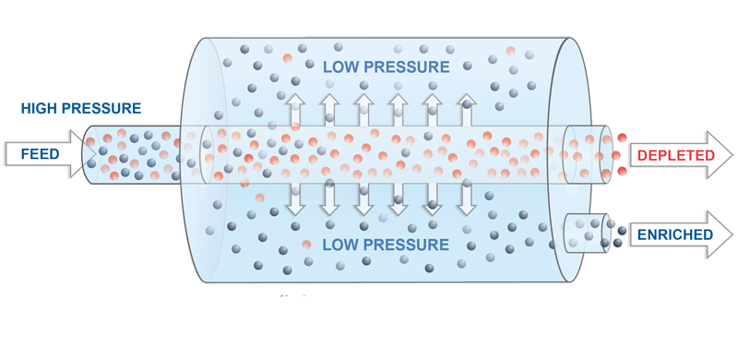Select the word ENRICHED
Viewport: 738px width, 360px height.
[x=674, y=234]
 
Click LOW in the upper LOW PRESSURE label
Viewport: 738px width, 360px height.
[x=341, y=66]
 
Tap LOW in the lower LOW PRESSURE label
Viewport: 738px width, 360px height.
[x=341, y=245]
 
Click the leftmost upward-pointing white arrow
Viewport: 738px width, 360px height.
[x=295, y=108]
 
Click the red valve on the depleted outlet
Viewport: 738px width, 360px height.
[x=620, y=152]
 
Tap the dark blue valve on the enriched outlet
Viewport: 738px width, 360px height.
[x=616, y=233]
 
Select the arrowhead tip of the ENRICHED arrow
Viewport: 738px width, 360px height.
[x=730, y=234]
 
